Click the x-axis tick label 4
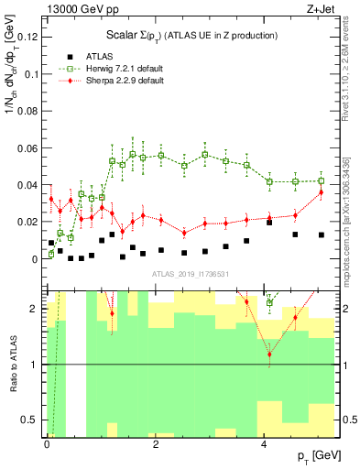tap(264, 444)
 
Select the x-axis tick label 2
tap(156, 444)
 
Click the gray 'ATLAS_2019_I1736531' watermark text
tap(191, 275)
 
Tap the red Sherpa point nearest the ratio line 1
tap(269, 354)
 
